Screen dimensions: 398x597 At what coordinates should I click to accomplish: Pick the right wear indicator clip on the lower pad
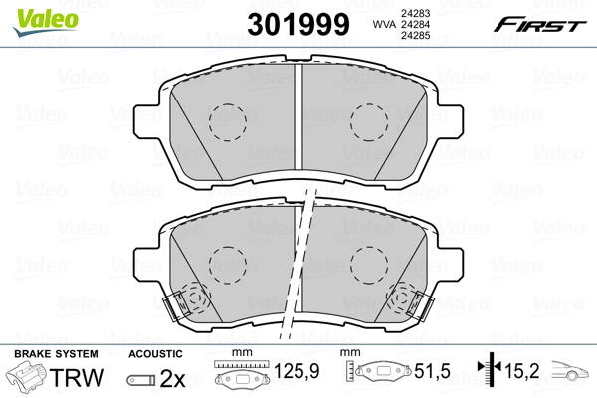409,298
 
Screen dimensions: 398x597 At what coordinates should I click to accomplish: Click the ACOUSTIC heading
156,354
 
